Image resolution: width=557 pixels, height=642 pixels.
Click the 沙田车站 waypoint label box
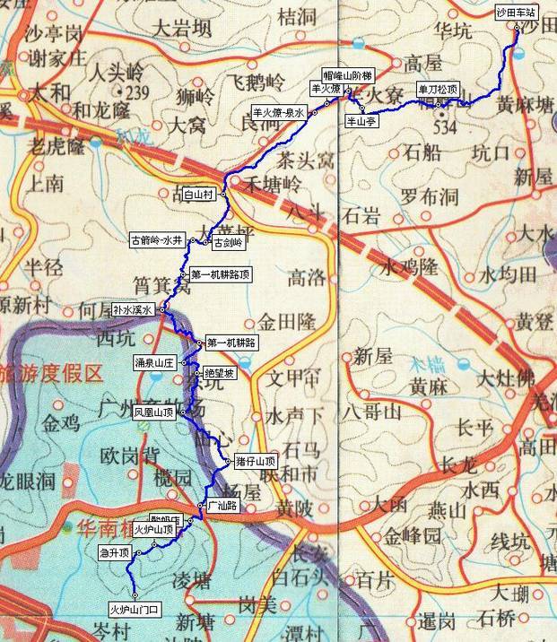[516, 14]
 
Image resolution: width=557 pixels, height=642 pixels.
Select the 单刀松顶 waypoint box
[438, 90]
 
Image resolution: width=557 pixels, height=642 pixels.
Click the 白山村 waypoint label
[197, 193]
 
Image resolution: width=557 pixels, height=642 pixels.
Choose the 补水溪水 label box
[134, 309]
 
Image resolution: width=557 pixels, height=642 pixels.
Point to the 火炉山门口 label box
[134, 609]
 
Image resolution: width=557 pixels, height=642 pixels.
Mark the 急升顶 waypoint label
[114, 553]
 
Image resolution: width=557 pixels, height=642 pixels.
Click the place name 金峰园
[413, 536]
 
